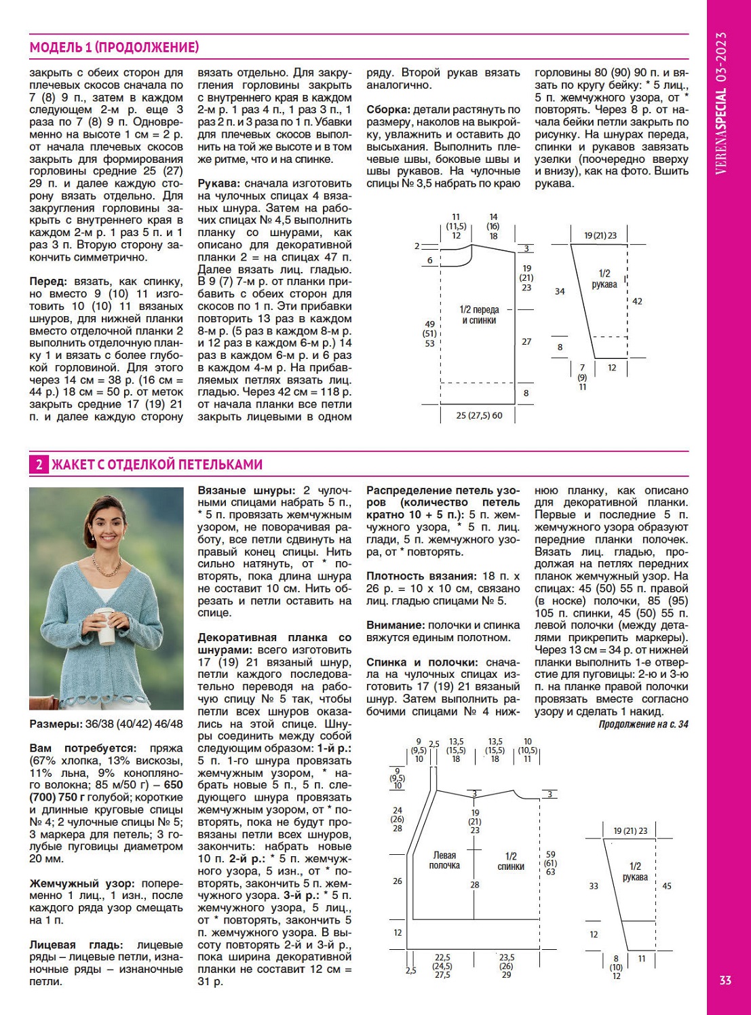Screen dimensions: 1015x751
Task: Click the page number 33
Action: click(x=725, y=980)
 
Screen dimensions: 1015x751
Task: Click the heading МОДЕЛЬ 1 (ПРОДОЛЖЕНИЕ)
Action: click(x=114, y=47)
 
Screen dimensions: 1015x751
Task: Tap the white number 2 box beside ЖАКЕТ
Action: click(x=39, y=465)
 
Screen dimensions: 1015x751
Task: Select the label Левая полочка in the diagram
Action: click(x=444, y=860)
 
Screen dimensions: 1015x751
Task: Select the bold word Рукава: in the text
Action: click(x=219, y=183)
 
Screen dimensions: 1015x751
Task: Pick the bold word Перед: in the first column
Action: click(x=48, y=282)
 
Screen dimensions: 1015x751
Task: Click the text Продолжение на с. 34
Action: click(x=643, y=725)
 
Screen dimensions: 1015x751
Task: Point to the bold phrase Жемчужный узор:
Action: click(x=82, y=883)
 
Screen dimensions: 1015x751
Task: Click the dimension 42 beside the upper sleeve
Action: click(x=637, y=301)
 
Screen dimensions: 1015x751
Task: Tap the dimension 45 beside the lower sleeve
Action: click(x=666, y=886)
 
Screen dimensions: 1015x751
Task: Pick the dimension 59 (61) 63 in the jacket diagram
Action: click(x=550, y=863)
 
